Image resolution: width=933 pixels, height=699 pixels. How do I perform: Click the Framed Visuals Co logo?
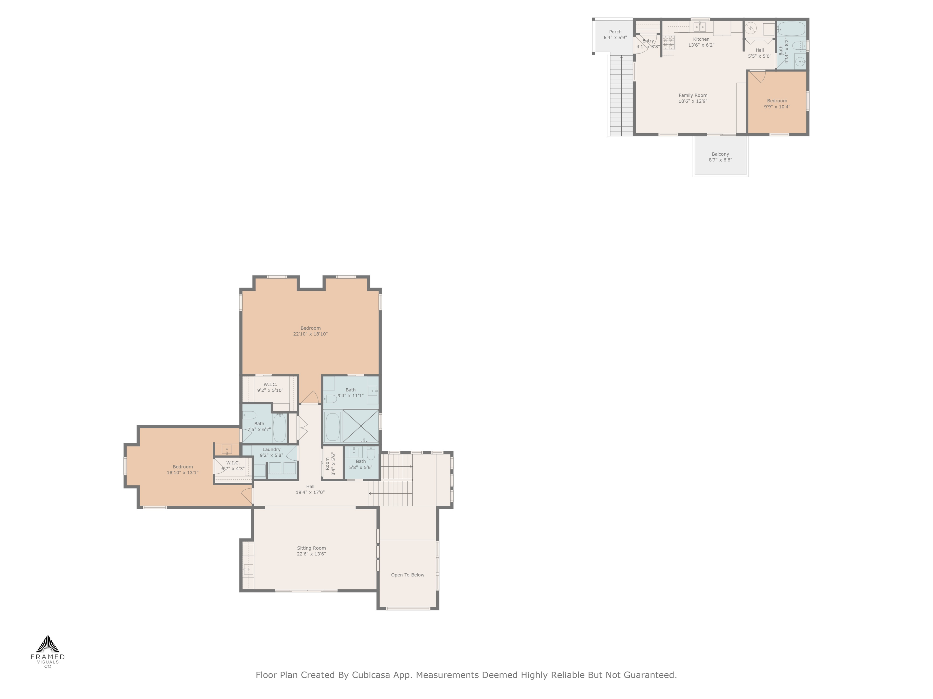(48, 651)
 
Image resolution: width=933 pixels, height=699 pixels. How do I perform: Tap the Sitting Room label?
(311, 548)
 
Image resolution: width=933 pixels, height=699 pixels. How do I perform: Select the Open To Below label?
(407, 575)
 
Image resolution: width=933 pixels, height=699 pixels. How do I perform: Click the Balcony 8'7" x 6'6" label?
(720, 157)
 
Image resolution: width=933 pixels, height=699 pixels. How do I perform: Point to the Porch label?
(615, 32)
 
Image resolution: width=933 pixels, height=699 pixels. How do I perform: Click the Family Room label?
(693, 95)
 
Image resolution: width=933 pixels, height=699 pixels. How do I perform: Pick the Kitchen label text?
(701, 39)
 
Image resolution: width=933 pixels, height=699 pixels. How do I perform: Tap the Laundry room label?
(271, 450)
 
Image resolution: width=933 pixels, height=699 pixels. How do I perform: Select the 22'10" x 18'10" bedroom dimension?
(310, 334)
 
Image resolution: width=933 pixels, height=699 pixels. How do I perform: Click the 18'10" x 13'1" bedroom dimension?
(182, 472)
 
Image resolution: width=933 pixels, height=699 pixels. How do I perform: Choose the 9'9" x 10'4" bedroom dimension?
(777, 107)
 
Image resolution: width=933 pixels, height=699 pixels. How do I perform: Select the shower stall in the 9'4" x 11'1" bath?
(361, 426)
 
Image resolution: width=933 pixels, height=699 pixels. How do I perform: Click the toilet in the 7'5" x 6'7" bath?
(249, 415)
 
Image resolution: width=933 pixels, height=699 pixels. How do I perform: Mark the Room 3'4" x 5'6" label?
(330, 464)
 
